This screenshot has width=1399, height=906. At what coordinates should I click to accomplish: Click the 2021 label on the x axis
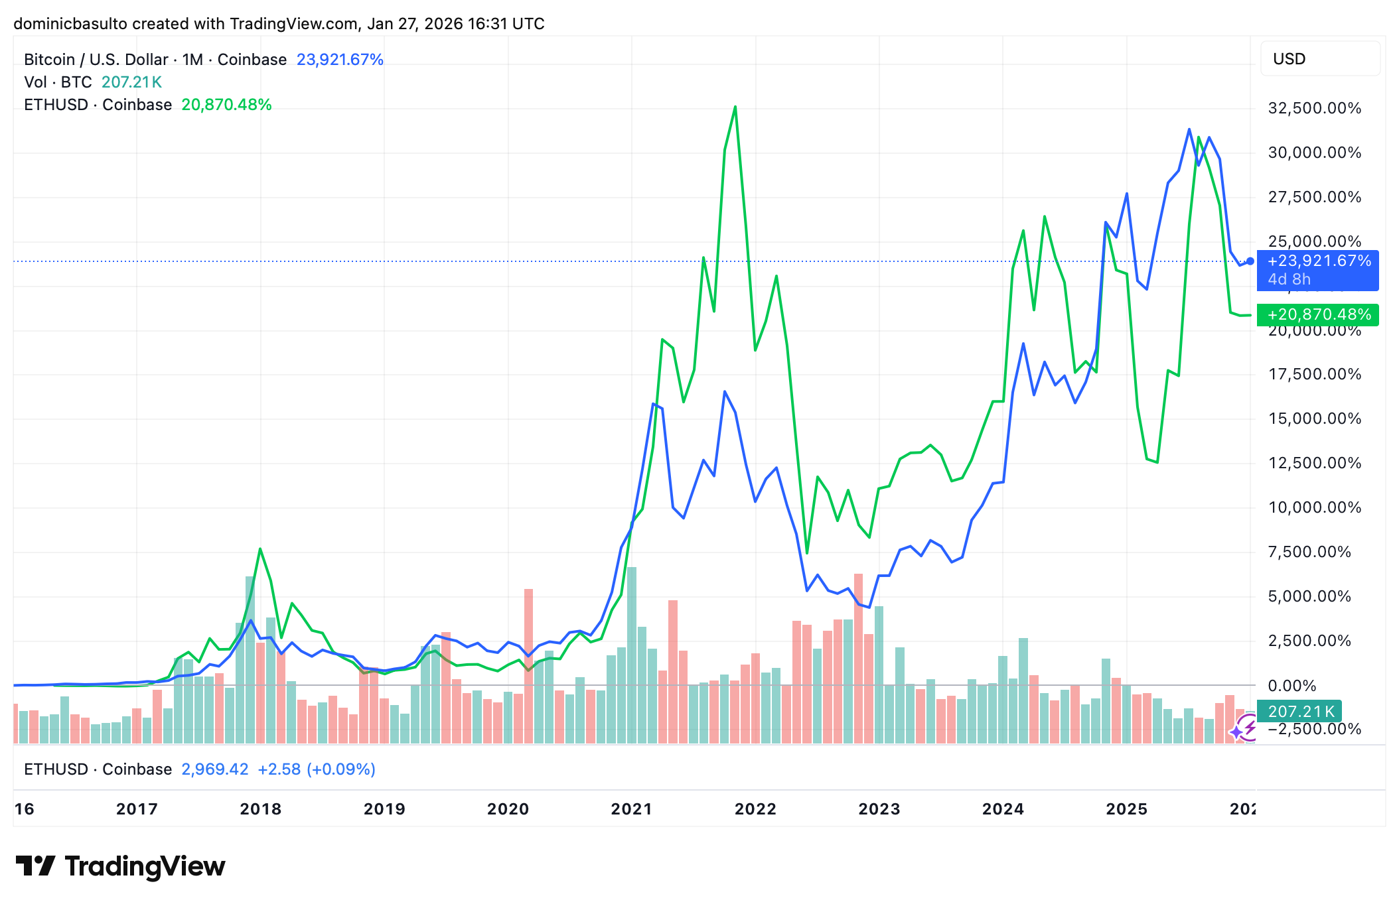[631, 809]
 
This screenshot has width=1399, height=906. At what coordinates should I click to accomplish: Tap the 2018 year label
[260, 809]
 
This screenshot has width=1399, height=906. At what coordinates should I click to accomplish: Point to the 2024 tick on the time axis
[1002, 809]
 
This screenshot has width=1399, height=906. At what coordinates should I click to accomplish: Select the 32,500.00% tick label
[1314, 108]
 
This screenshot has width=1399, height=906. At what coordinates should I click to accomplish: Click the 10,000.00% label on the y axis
[1314, 507]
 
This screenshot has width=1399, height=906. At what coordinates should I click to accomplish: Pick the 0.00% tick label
[1291, 685]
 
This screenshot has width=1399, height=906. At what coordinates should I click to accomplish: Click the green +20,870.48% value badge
[1318, 314]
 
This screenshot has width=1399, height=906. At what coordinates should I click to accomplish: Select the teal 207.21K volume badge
[1299, 712]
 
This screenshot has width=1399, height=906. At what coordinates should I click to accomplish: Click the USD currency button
[1289, 59]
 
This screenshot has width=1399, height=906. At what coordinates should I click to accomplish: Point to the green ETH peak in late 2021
[735, 107]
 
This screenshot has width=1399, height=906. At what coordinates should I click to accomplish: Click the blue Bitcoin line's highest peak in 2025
[1189, 129]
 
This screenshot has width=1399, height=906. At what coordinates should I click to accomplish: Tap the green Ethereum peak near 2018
[260, 549]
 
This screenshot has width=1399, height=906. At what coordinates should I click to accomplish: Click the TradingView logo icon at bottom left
[36, 866]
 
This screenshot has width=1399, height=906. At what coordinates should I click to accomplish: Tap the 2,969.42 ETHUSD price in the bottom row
[214, 769]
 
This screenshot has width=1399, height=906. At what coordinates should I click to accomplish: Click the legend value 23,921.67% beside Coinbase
[340, 60]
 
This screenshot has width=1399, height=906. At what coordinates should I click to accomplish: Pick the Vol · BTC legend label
[58, 82]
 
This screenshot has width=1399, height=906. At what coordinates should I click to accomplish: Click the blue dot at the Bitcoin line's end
[1250, 261]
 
